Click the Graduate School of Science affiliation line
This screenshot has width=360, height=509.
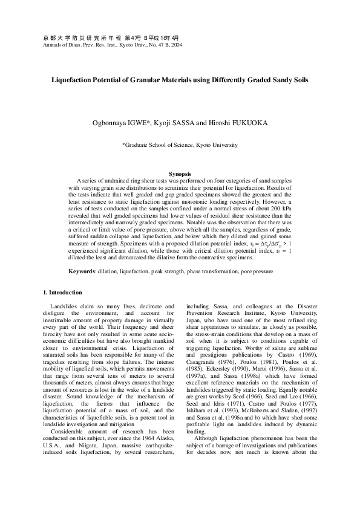180,145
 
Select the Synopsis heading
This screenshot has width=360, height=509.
180,173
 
